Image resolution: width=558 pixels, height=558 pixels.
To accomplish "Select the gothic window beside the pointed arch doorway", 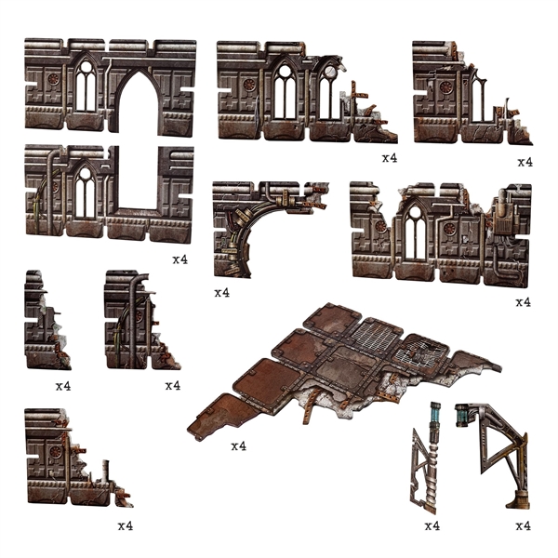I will point(86,88).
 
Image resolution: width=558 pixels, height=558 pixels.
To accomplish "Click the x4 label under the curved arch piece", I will point(221,293).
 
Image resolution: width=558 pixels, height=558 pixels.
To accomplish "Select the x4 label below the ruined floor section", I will point(238,446).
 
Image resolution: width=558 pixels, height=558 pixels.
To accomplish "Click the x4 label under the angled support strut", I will point(524,526).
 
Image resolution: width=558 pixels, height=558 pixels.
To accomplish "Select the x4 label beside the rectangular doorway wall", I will point(180,259).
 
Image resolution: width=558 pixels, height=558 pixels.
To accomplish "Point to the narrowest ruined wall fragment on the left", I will point(45,321).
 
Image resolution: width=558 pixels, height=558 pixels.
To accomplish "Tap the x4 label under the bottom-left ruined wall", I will point(126,526).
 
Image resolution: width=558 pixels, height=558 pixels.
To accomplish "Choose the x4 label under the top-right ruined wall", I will point(525,162).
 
